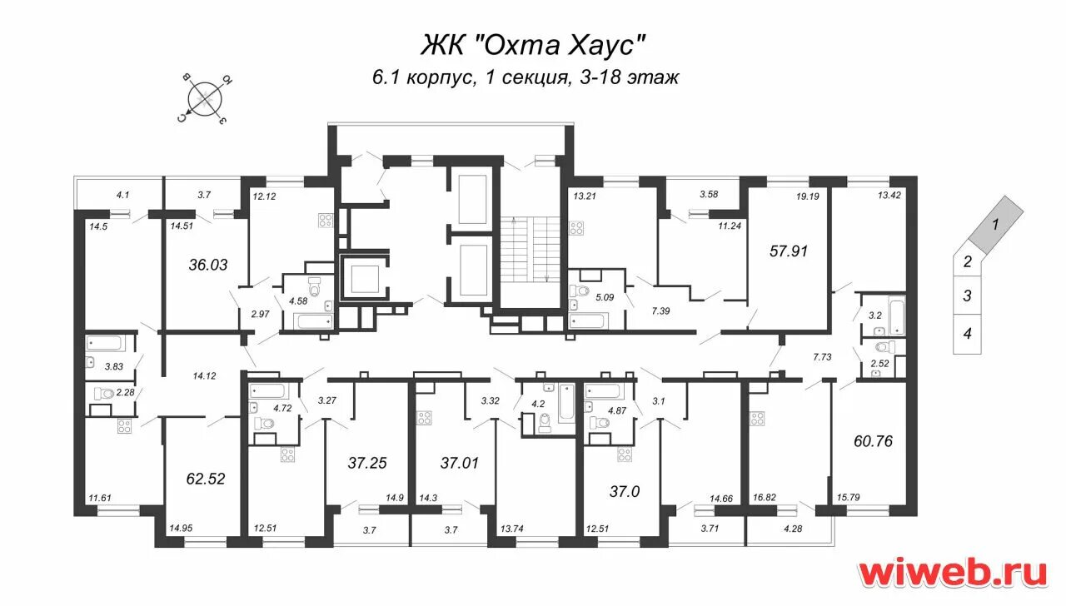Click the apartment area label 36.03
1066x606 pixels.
209,265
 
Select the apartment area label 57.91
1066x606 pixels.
790,249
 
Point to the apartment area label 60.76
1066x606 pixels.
873,441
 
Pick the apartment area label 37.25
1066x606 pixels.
368,462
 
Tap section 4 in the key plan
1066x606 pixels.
968,335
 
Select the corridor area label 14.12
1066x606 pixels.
204,375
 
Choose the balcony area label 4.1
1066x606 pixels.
122,195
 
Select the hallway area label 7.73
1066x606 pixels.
822,356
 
